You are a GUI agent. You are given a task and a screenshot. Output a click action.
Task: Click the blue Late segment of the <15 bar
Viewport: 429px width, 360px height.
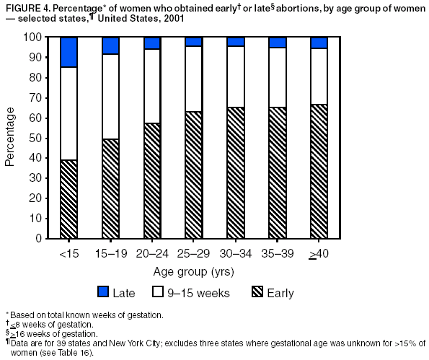[x=68, y=52]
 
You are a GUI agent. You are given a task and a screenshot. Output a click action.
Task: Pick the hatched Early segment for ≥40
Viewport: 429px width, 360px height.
[x=319, y=171]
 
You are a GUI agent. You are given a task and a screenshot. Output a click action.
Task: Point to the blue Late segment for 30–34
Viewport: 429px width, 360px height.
[x=236, y=42]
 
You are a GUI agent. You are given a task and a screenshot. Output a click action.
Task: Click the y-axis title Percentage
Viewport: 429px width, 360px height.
[x=10, y=137]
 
